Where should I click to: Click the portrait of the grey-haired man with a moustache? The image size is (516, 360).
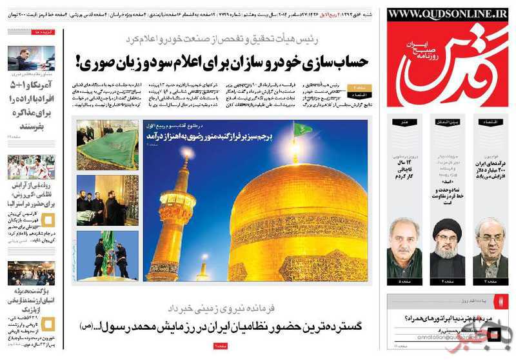(405, 248)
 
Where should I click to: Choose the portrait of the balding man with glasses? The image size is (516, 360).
(490, 248)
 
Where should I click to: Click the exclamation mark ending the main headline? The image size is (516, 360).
(80, 62)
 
